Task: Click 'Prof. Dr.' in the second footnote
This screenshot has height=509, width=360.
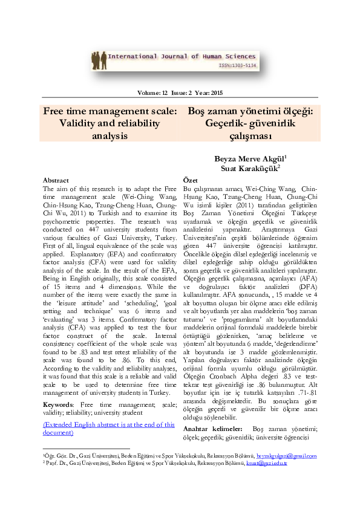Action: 56,462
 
